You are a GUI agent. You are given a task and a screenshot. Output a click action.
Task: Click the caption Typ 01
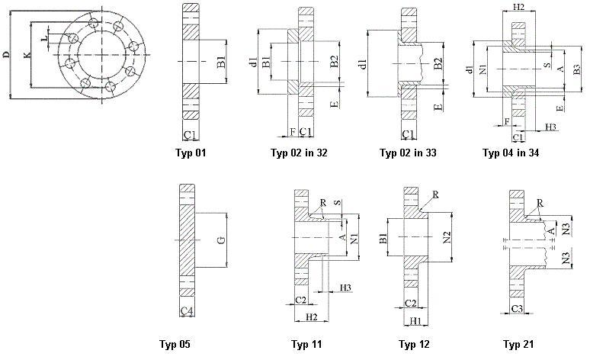[x=191, y=153]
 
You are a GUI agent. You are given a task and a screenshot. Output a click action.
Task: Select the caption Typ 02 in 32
[x=299, y=153]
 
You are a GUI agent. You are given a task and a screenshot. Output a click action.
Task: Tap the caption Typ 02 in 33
[x=408, y=153]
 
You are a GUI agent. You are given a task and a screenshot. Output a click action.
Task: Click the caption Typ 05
[x=175, y=344]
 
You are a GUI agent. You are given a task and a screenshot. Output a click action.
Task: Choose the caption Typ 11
[x=306, y=344]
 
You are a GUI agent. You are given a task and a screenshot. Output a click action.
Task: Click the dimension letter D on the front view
[x=6, y=55]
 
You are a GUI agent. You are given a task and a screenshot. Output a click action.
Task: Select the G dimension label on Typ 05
[x=221, y=241]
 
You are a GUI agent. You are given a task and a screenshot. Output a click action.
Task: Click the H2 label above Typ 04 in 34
[x=519, y=7]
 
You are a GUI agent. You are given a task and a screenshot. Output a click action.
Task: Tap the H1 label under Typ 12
[x=415, y=322]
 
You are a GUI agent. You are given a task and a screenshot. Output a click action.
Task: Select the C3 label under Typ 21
[x=518, y=309]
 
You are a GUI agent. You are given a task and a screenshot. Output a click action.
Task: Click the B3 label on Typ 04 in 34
[x=577, y=70]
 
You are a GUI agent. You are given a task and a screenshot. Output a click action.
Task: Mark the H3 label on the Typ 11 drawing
[x=345, y=288]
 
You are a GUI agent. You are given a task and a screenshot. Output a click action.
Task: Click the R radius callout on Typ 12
[x=434, y=195]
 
